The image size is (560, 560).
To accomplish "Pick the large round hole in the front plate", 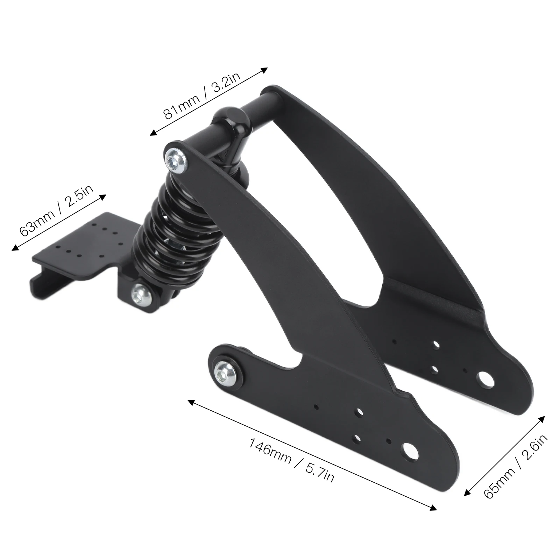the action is click(x=411, y=451).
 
